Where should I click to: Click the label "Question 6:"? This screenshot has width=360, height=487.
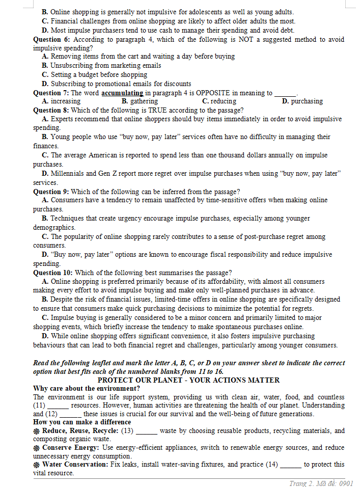point(51,39)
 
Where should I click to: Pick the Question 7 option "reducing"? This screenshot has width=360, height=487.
point(223,101)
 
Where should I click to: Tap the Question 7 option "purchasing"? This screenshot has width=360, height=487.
point(307,101)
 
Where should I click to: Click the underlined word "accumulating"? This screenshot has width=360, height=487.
point(122,93)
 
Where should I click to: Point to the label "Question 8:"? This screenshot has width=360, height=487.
point(51,110)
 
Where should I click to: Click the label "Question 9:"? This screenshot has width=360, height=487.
point(51,192)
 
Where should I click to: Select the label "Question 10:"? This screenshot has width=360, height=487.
point(53,273)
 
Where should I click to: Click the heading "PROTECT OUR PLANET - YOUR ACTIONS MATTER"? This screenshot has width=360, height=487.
point(188,380)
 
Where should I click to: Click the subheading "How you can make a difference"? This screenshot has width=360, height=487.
point(82,422)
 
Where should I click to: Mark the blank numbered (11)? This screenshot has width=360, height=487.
point(58,406)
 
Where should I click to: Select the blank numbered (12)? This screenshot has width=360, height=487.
point(70,414)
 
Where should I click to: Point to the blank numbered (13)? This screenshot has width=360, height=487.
point(146,431)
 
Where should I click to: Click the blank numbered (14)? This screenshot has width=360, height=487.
point(291,465)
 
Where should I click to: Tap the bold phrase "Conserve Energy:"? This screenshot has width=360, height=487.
point(71,448)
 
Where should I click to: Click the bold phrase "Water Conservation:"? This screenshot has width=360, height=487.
point(75,465)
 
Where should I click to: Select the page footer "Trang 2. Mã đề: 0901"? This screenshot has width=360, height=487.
point(321,483)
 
